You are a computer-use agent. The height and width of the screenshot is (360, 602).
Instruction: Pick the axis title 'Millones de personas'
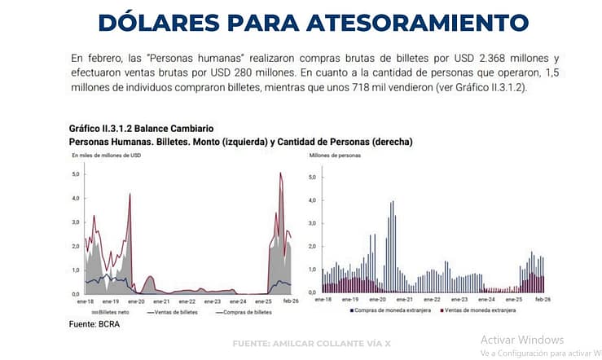tap(334, 155)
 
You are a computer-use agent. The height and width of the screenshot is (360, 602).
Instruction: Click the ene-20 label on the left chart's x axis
tap(135, 301)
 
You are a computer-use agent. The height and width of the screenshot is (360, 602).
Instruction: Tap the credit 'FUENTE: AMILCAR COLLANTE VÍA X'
tap(312, 343)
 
